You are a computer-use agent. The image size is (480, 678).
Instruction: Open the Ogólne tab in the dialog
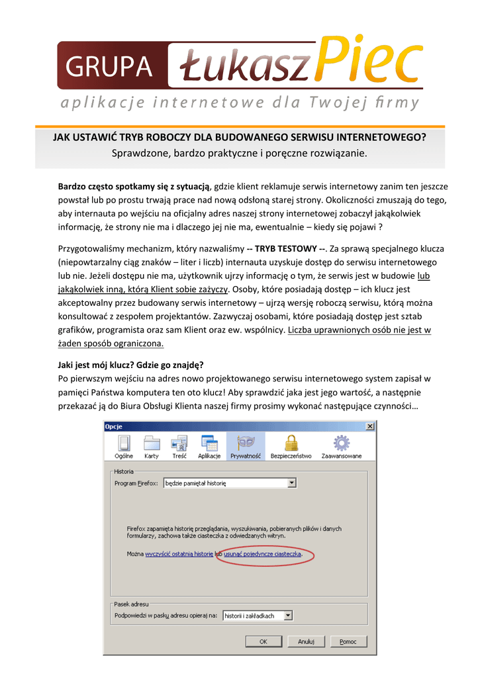[124, 447]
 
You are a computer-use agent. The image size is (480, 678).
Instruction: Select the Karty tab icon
[152, 447]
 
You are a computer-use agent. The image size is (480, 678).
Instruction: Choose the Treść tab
[179, 447]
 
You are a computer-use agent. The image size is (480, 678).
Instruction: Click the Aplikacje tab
[209, 447]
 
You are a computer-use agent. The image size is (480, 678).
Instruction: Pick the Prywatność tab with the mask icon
[245, 447]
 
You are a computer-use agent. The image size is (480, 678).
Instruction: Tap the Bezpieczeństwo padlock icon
[291, 447]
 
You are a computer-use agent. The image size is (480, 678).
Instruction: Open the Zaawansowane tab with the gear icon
[342, 447]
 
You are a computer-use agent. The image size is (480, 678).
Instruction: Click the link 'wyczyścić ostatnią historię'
[179, 553]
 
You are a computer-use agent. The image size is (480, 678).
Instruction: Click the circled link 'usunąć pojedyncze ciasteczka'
[263, 553]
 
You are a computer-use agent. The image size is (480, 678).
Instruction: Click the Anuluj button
[306, 642]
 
